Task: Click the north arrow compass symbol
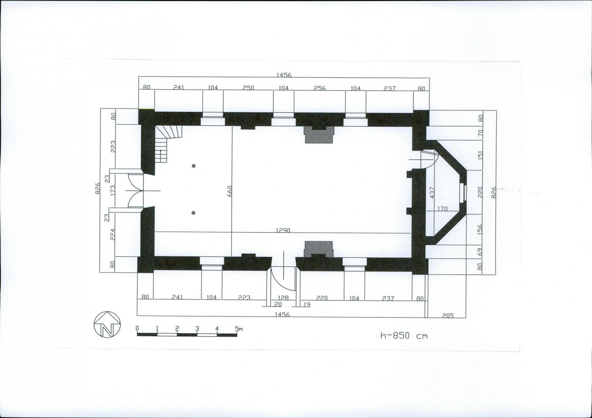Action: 107,324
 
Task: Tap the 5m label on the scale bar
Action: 238,328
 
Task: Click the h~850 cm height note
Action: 403,335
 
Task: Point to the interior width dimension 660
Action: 230,191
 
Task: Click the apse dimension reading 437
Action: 433,193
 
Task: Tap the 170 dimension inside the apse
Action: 442,209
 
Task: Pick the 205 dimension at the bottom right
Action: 447,315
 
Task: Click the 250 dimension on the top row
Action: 248,88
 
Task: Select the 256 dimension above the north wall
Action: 319,88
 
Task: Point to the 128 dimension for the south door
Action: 283,298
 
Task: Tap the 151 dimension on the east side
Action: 480,155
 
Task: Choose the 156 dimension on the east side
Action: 480,230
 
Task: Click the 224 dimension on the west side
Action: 113,235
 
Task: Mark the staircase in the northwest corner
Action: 168,143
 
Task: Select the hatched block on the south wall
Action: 319,249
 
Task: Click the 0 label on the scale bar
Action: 137,328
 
